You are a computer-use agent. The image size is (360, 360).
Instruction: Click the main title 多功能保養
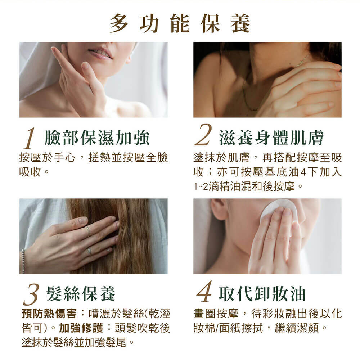pos(180,23)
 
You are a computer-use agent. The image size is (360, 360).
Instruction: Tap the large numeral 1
pos(30,138)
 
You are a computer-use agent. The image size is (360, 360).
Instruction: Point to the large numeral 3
pos(31,294)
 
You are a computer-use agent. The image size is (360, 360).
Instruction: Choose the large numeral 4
pos(204,291)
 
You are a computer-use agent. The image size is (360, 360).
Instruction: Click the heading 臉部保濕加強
pos(97,138)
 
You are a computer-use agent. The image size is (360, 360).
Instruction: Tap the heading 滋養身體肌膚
pos(271,138)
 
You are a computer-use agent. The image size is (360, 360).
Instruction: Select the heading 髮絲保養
pos(80,294)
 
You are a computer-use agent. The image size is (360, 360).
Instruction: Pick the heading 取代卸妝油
pos(262,294)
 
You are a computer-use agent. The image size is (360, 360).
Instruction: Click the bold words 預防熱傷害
pos(49,314)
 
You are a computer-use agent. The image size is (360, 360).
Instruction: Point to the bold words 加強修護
pos(81,328)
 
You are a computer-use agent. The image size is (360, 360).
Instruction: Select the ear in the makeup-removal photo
pos(219,209)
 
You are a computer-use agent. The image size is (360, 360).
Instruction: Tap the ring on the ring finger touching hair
pos(88,231)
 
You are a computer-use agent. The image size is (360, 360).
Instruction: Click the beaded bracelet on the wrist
pos(23,261)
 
